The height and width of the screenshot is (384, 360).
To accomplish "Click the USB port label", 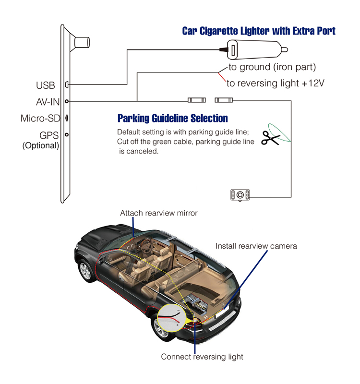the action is [x=46, y=85].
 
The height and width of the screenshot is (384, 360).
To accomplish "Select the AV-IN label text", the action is [x=48, y=102].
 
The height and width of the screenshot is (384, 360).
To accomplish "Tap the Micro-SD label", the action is [x=40, y=118].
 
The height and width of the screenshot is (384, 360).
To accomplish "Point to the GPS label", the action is [x=49, y=135].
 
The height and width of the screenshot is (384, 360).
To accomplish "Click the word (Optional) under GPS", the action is [x=41, y=145].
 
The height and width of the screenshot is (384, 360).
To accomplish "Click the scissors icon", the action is [x=271, y=138].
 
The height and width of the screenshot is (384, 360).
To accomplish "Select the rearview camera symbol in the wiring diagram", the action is [x=240, y=195].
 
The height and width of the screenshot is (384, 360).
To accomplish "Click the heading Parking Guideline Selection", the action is [x=173, y=118].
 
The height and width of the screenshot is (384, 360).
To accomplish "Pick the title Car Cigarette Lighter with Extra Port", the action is [x=259, y=31].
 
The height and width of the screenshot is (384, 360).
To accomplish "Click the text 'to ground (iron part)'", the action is [x=272, y=67].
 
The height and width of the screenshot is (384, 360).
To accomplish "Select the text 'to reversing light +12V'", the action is [x=275, y=83].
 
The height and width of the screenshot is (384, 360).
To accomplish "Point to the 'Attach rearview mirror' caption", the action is [x=159, y=213].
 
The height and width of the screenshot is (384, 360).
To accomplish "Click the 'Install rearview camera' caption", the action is [x=256, y=246].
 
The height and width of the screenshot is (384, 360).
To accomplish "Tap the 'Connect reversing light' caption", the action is [x=202, y=357].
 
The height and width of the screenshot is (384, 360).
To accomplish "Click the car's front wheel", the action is [x=86, y=271].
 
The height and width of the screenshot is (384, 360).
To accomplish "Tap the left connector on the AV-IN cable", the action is [x=197, y=100].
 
